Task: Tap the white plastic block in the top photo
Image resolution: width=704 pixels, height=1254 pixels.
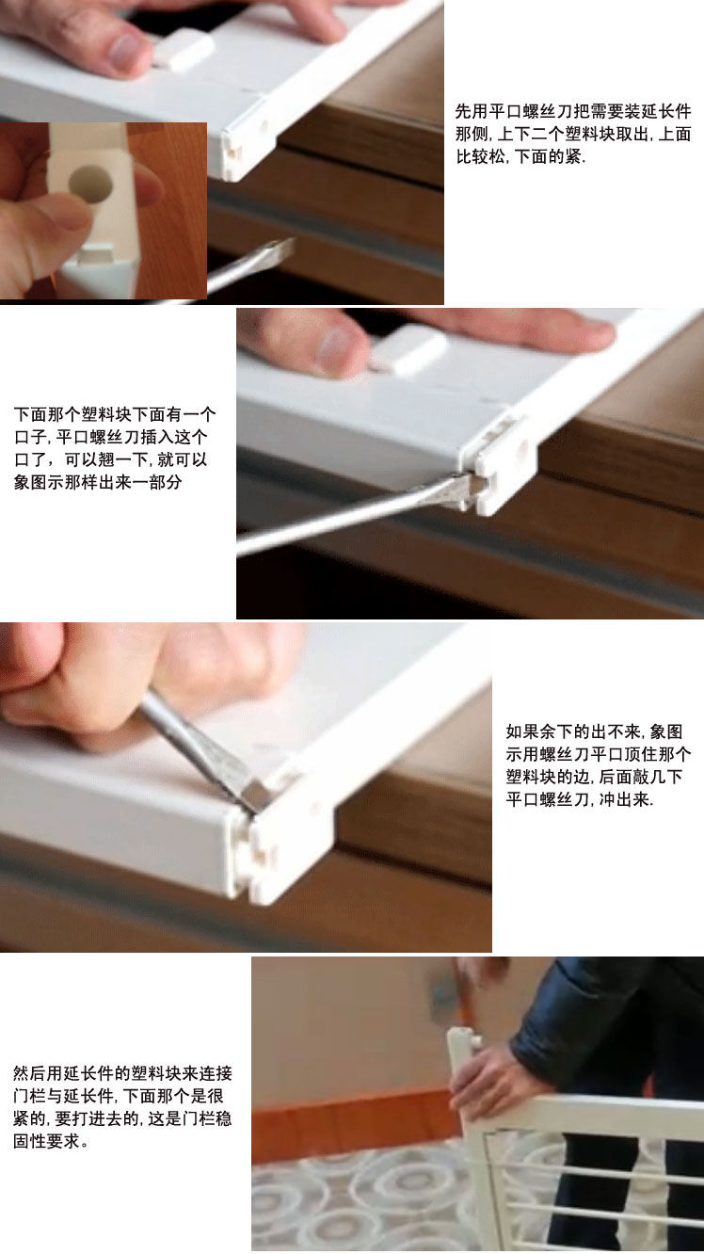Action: (x=184, y=49)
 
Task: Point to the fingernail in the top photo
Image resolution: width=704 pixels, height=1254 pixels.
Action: (x=123, y=52)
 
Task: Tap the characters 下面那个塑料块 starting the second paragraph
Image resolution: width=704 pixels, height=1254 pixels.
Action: (x=72, y=415)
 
